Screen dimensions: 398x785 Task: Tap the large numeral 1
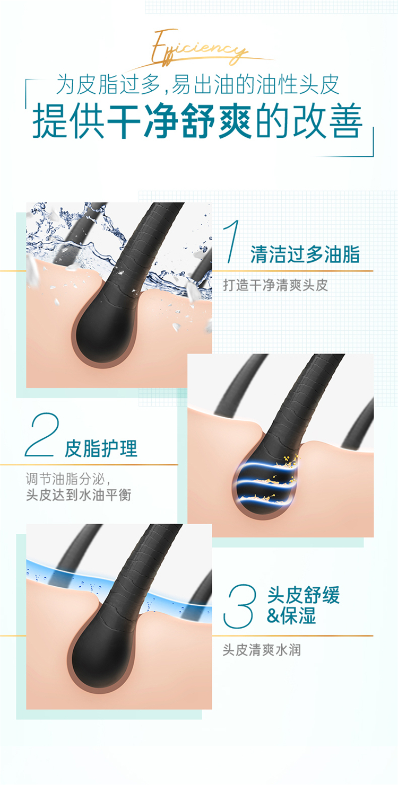pyautogui.click(x=232, y=241)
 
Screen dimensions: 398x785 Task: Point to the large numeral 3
pyautogui.click(x=240, y=606)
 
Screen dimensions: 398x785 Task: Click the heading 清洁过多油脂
pyautogui.click(x=305, y=254)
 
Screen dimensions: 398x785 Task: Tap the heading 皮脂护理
pyautogui.click(x=101, y=448)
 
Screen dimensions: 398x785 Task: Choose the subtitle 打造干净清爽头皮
pyautogui.click(x=275, y=285)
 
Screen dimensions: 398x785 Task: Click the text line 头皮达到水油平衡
pyautogui.click(x=79, y=495)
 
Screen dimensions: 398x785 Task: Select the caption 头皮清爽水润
pyautogui.click(x=262, y=650)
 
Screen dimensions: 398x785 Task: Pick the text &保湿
pyautogui.click(x=291, y=615)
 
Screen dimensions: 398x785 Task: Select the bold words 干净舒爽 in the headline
pyautogui.click(x=179, y=121)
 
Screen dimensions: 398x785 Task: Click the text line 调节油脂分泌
pyautogui.click(x=68, y=479)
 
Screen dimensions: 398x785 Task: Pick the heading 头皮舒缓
pyautogui.click(x=304, y=595)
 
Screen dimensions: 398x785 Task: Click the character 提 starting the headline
pyautogui.click(x=50, y=121)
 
